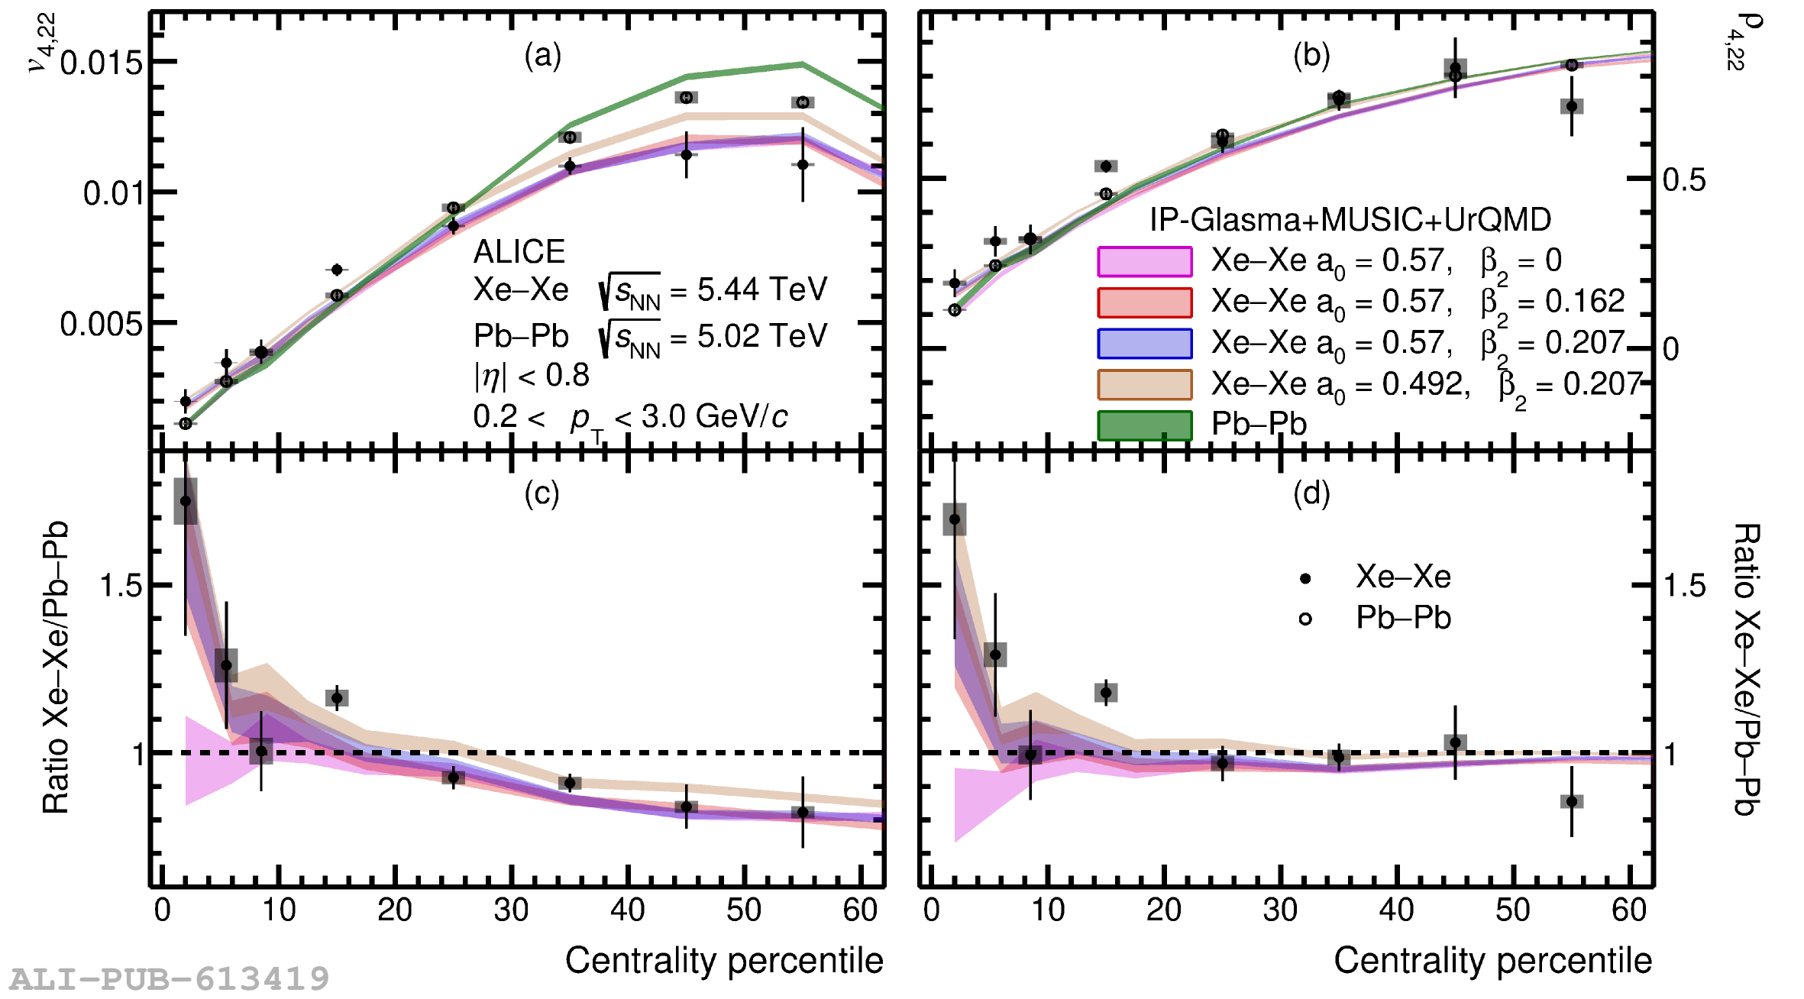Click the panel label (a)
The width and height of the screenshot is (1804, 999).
pyautogui.click(x=542, y=57)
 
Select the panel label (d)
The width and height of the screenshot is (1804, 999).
pyautogui.click(x=1311, y=494)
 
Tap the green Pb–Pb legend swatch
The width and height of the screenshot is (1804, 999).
pyautogui.click(x=1144, y=425)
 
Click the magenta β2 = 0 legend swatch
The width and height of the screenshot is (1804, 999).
pyautogui.click(x=1144, y=262)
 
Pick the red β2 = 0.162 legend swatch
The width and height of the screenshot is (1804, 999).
pyautogui.click(x=1144, y=302)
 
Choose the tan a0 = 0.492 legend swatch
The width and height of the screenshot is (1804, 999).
pyautogui.click(x=1144, y=384)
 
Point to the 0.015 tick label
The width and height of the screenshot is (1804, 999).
pyautogui.click(x=102, y=63)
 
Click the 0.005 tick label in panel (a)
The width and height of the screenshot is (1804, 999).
pyautogui.click(x=102, y=325)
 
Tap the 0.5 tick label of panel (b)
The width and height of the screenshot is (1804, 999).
pyautogui.click(x=1684, y=180)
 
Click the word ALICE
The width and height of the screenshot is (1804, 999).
pyautogui.click(x=519, y=252)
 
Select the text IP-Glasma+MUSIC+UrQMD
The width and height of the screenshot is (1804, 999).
pyautogui.click(x=1350, y=220)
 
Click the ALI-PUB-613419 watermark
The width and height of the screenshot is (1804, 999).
pyautogui.click(x=170, y=978)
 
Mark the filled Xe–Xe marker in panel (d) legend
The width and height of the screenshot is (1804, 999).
pyautogui.click(x=1305, y=578)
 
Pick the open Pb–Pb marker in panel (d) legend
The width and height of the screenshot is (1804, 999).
pyautogui.click(x=1305, y=619)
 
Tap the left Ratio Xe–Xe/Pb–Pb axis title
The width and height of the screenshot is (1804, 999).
pyautogui.click(x=56, y=668)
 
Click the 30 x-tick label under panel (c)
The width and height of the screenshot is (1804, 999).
pyautogui.click(x=511, y=910)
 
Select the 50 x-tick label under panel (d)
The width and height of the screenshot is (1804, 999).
pyautogui.click(x=1512, y=910)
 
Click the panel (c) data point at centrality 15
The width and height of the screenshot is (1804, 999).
pyautogui.click(x=337, y=697)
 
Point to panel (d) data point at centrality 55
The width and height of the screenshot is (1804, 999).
pyautogui.click(x=1571, y=801)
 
